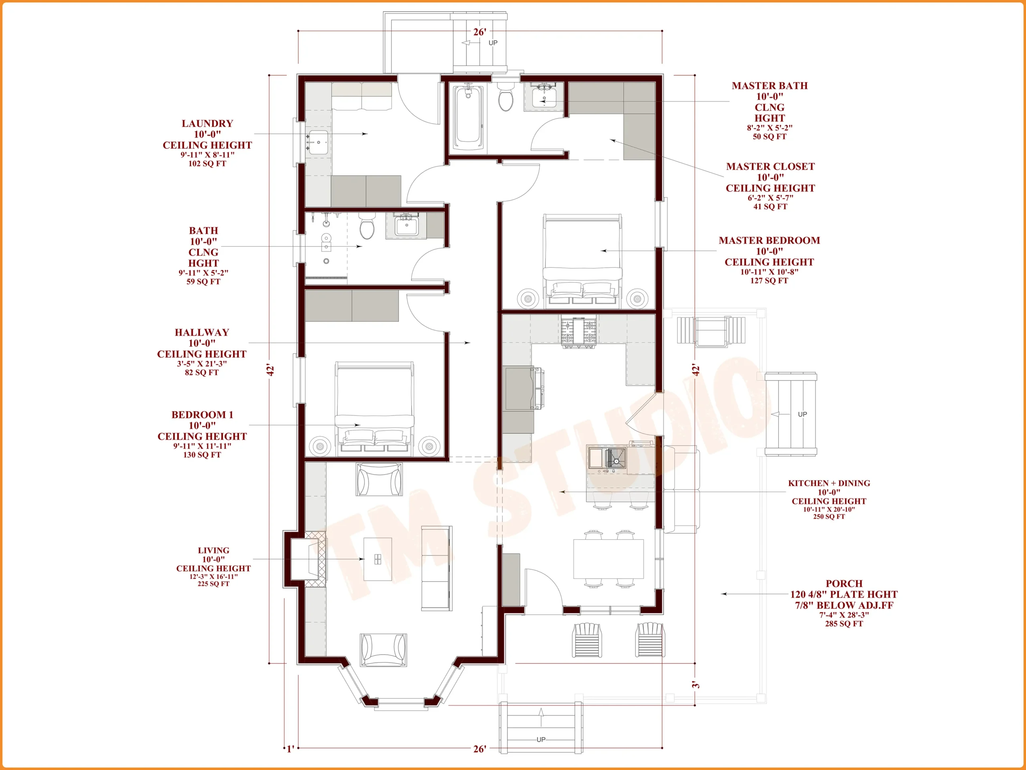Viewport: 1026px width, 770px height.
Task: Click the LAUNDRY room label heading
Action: (207, 124)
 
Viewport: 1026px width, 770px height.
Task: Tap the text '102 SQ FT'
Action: (207, 163)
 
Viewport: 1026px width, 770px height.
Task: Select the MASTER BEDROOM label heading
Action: (769, 240)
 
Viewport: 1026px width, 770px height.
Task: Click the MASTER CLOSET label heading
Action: (770, 166)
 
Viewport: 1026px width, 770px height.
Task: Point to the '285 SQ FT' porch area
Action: (844, 624)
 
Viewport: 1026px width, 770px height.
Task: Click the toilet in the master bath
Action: (505, 97)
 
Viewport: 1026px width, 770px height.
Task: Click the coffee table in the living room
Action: (378, 559)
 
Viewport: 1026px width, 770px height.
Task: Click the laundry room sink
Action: (318, 142)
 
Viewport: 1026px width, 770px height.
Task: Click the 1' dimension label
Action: (290, 749)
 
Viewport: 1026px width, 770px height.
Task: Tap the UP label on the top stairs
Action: (493, 43)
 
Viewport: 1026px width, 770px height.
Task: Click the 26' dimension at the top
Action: (480, 32)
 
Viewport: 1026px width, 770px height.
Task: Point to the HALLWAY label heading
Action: (202, 332)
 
